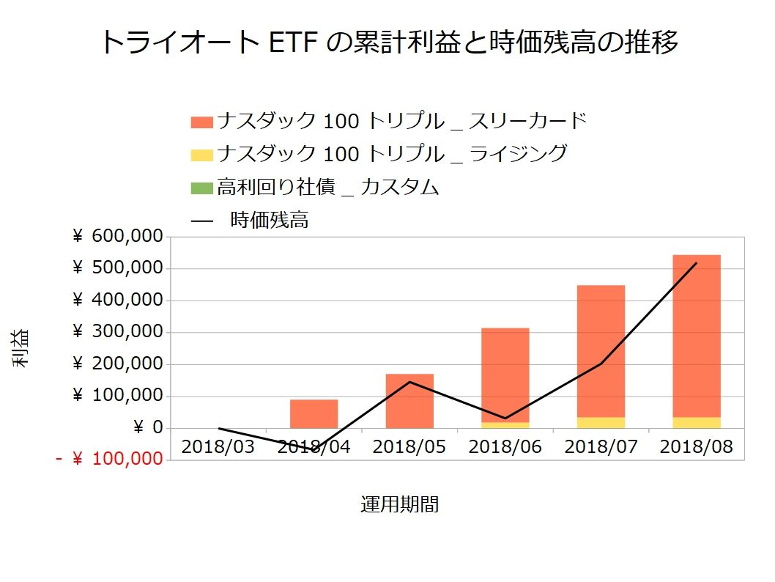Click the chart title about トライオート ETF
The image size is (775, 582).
pyautogui.click(x=387, y=43)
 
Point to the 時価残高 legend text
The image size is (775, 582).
pyautogui.click(x=269, y=220)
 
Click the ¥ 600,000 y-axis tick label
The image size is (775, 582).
pyautogui.click(x=117, y=237)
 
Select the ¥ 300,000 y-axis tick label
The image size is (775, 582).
pyautogui.click(x=117, y=332)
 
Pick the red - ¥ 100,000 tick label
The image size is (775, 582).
pyautogui.click(x=109, y=460)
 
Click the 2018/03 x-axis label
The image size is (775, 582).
pyautogui.click(x=218, y=446)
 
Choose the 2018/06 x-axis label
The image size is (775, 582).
pyautogui.click(x=505, y=446)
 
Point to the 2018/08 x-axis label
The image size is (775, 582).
pyautogui.click(x=696, y=446)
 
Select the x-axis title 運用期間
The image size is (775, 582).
pyautogui.click(x=400, y=504)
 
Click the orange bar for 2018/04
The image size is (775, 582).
pyautogui.click(x=314, y=413)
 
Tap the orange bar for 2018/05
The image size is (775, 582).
pyautogui.click(x=409, y=401)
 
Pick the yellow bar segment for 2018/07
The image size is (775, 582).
pyautogui.click(x=601, y=422)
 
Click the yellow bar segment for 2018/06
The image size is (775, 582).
pyautogui.click(x=505, y=425)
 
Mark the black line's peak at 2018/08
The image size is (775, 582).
pyautogui.click(x=696, y=263)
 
